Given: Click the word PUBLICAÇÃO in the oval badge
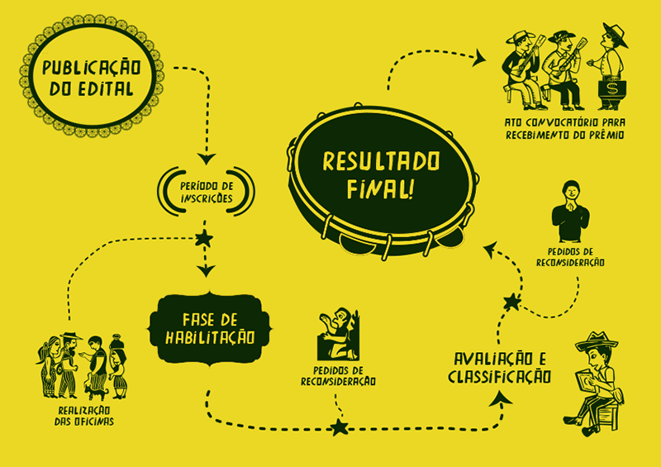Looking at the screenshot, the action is click(x=91, y=69).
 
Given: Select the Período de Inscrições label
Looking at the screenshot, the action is click(x=207, y=192).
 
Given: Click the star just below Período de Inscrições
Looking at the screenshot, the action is click(x=204, y=238).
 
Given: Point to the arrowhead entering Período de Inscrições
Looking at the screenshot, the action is click(x=207, y=159).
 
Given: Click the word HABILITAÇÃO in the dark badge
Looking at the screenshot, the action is click(x=210, y=338).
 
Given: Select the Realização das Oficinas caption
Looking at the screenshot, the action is click(x=84, y=416).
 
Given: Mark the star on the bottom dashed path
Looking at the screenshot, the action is click(x=340, y=427).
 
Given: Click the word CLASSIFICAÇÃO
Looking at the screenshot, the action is click(x=499, y=377).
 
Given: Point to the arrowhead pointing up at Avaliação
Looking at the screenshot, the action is click(x=501, y=398).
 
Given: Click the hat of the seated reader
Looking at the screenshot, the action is click(x=597, y=340).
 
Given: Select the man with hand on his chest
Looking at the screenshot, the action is click(x=570, y=211).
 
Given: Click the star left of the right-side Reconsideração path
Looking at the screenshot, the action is click(x=512, y=302).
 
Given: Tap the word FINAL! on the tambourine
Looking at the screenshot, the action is click(x=380, y=188).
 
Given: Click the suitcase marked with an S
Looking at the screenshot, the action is click(x=612, y=89).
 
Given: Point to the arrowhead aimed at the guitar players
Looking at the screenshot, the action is click(x=479, y=58).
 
